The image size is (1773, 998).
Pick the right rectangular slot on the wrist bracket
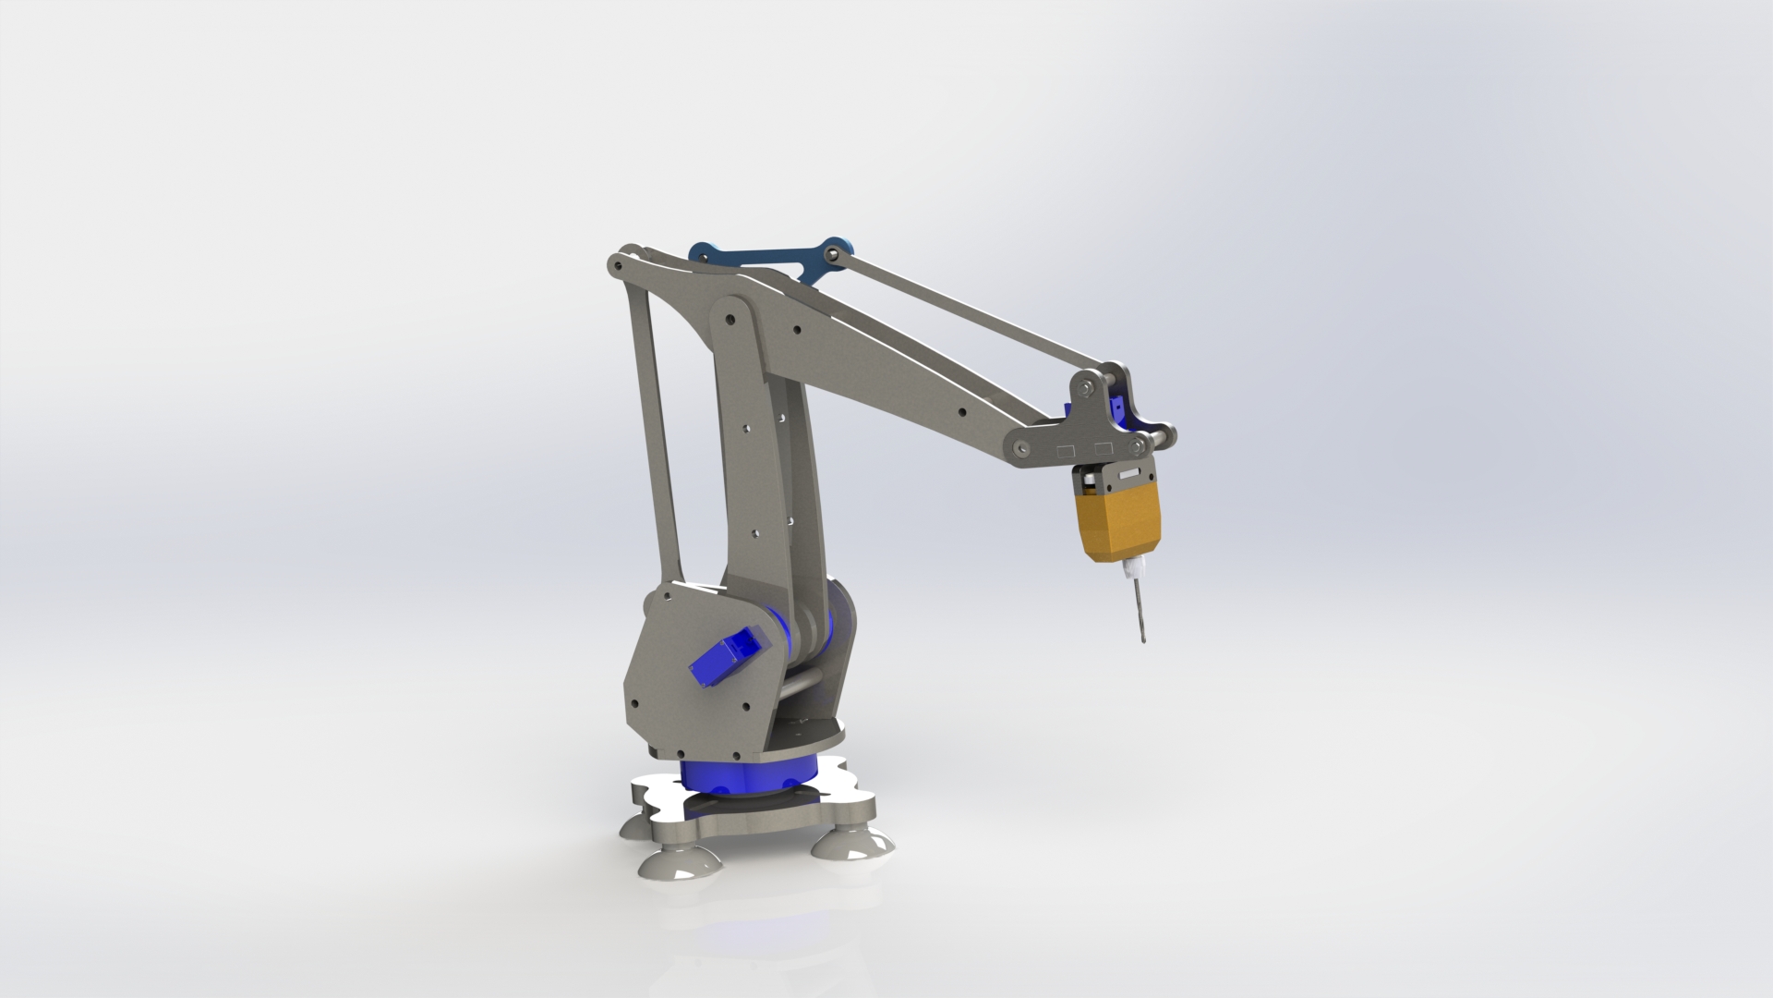click(1103, 448)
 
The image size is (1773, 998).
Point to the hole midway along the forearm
click(962, 414)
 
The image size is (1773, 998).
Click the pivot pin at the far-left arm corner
click(612, 265)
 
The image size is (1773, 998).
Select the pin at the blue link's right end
click(835, 250)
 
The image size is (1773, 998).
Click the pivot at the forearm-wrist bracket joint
click(1021, 447)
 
